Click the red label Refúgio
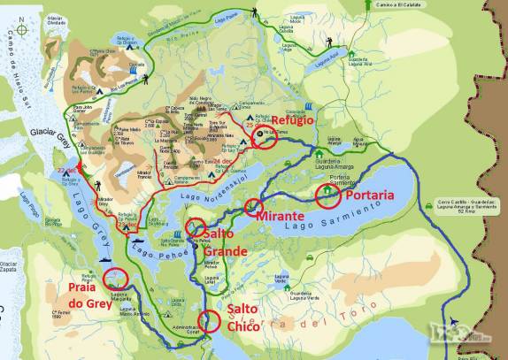pos(291,120)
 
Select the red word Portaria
pos(370,195)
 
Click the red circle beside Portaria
pos(327,194)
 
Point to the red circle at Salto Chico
pos(210,320)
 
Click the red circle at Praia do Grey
pos(114,280)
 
